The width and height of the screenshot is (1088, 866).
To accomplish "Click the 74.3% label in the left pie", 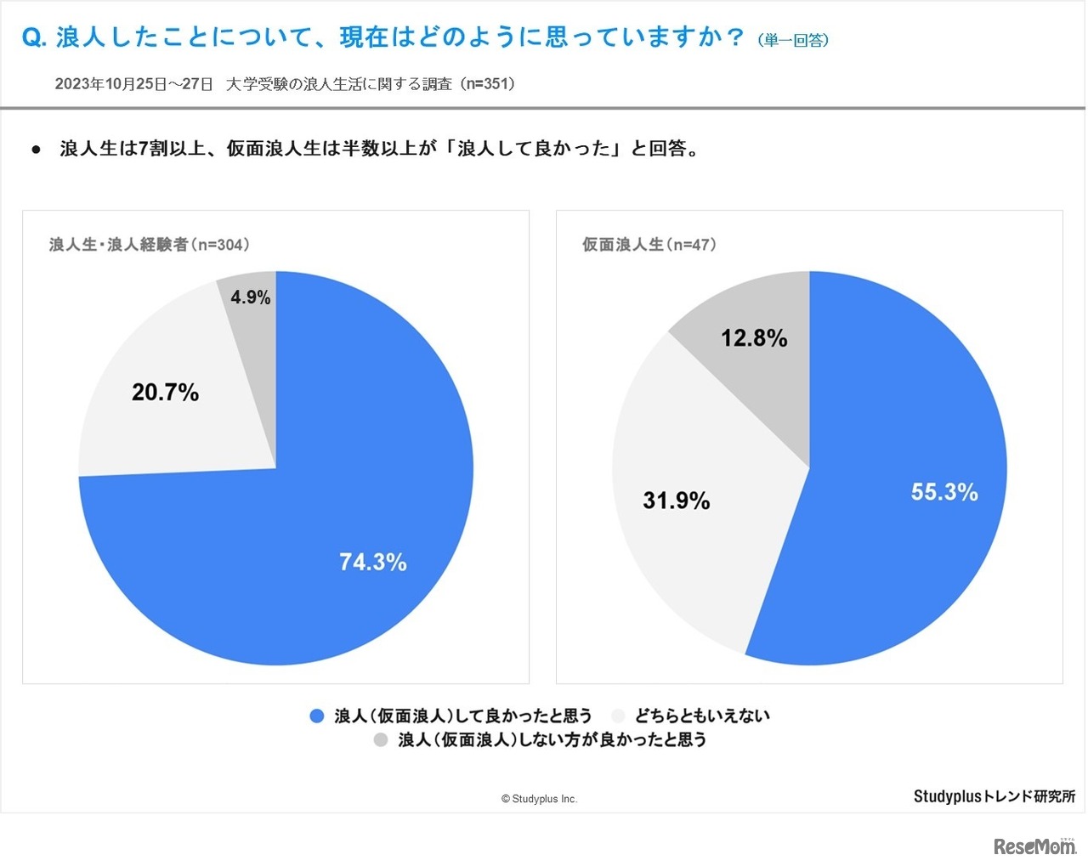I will coord(372,562).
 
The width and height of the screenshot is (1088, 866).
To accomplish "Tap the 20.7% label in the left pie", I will coord(165,392).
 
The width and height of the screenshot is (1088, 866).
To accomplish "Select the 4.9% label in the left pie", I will coord(251,297).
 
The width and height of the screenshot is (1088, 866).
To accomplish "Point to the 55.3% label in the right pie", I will coord(943,492).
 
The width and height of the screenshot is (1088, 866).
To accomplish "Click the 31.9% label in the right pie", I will coord(676,501).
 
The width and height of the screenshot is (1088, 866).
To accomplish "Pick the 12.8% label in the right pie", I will coord(754,338).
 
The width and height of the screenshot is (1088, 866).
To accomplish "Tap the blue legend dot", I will coord(317,716).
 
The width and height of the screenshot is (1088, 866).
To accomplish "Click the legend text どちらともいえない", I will coord(702,716).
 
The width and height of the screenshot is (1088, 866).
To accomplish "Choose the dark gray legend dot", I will coord(381,740).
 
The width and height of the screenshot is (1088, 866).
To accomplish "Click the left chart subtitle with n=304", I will coord(150,245).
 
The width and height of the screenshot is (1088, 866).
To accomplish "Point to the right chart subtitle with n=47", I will coord(649,245).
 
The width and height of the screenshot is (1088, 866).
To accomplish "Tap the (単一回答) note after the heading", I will coord(793,41).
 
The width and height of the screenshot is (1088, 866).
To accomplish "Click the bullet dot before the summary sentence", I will coord(36,150).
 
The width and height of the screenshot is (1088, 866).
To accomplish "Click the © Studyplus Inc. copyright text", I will coord(539,799).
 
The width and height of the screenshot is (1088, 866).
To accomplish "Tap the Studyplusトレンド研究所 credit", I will coord(994,796).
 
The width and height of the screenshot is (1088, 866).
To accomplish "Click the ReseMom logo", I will coord(1034,846).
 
